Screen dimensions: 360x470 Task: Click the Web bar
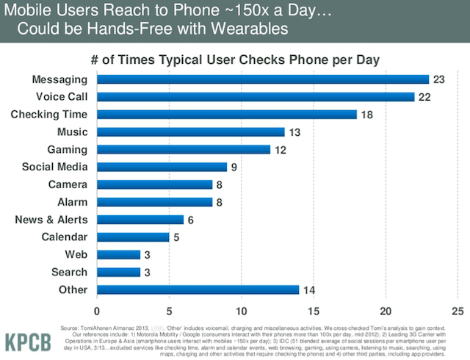118,254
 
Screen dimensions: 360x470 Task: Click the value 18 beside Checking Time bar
366,115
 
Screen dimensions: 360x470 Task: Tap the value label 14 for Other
308,289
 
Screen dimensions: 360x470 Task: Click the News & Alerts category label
51,220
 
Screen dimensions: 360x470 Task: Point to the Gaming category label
68,149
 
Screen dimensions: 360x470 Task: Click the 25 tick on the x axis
458,309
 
